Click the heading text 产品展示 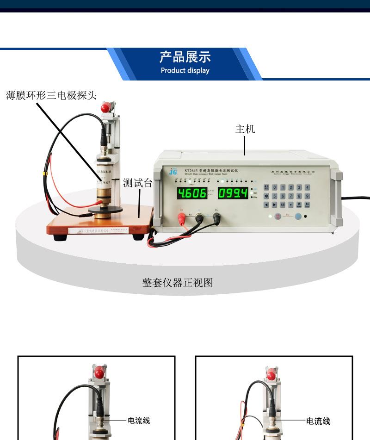[185, 57]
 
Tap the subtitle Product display [185, 71]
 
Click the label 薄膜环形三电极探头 [51, 96]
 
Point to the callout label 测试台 [137, 183]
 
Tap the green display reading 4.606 [191, 193]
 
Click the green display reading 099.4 [233, 193]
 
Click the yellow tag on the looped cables [45, 174]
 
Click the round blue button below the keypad [298, 216]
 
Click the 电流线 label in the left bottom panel [139, 421]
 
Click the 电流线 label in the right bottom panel [318, 421]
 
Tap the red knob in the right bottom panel [272, 374]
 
